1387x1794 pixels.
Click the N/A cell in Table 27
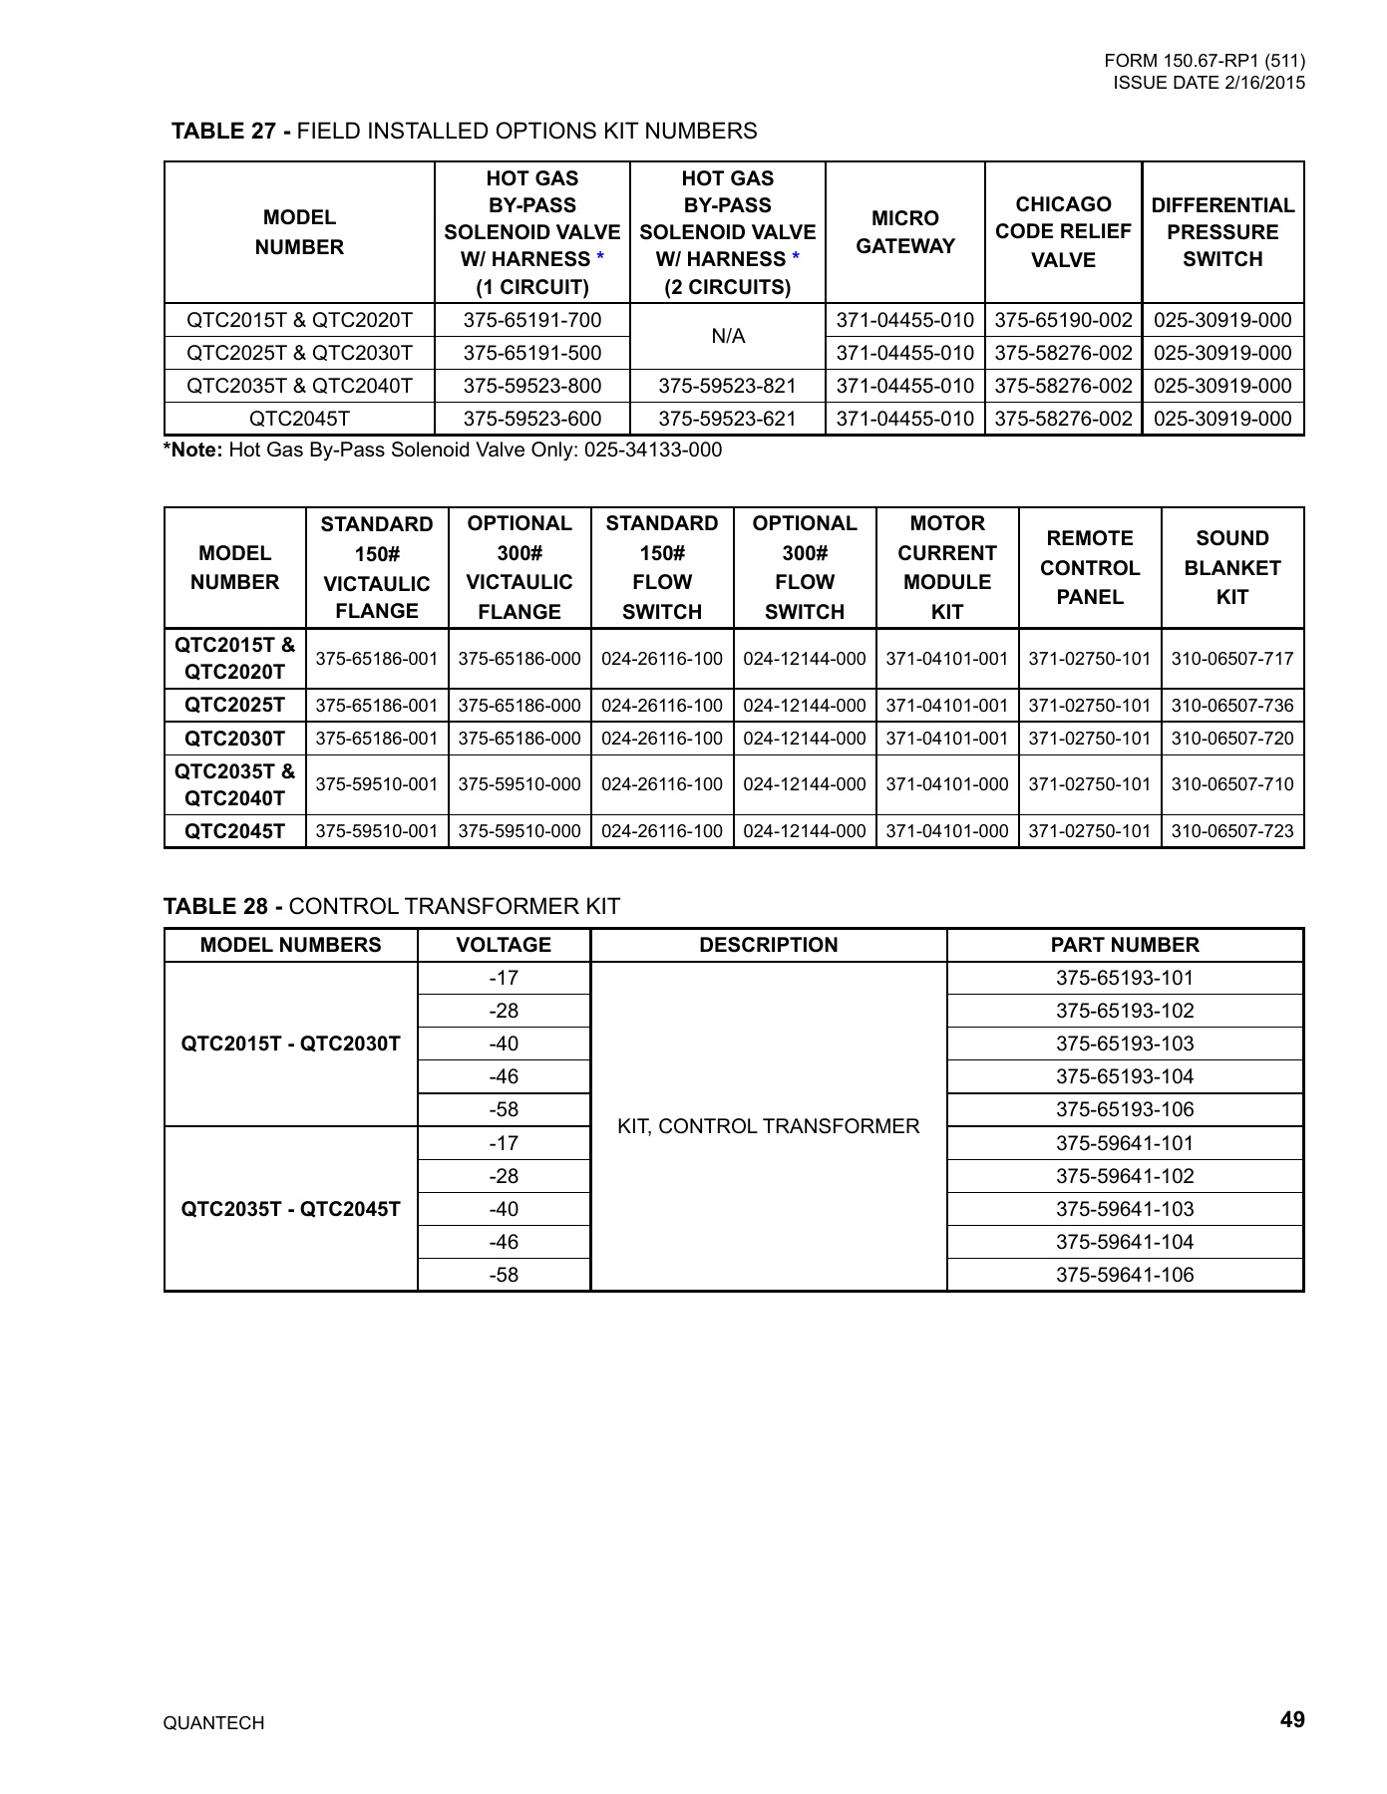pyautogui.click(x=728, y=337)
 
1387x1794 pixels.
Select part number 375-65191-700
pyautogui.click(x=532, y=320)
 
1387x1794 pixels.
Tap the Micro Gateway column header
pyautogui.click(x=905, y=232)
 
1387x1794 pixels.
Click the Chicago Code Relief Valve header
pyautogui.click(x=1063, y=232)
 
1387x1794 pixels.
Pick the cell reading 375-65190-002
pyautogui.click(x=1063, y=320)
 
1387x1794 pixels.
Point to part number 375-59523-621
pyautogui.click(x=728, y=419)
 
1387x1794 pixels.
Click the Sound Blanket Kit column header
pyautogui.click(x=1232, y=568)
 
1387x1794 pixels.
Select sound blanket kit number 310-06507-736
pyautogui.click(x=1232, y=706)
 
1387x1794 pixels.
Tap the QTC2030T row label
pyautogui.click(x=235, y=739)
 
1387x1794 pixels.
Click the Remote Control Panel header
pyautogui.click(x=1090, y=568)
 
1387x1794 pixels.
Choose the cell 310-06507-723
pyautogui.click(x=1232, y=831)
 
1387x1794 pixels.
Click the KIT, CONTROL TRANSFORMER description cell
pyautogui.click(x=768, y=1126)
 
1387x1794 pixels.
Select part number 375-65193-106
pyautogui.click(x=1125, y=1109)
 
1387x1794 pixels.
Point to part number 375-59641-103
pyautogui.click(x=1125, y=1209)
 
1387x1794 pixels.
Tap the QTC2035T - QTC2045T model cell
pyautogui.click(x=290, y=1209)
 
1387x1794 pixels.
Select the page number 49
pyautogui.click(x=1292, y=1719)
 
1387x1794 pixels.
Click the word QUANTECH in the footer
pyautogui.click(x=213, y=1723)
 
